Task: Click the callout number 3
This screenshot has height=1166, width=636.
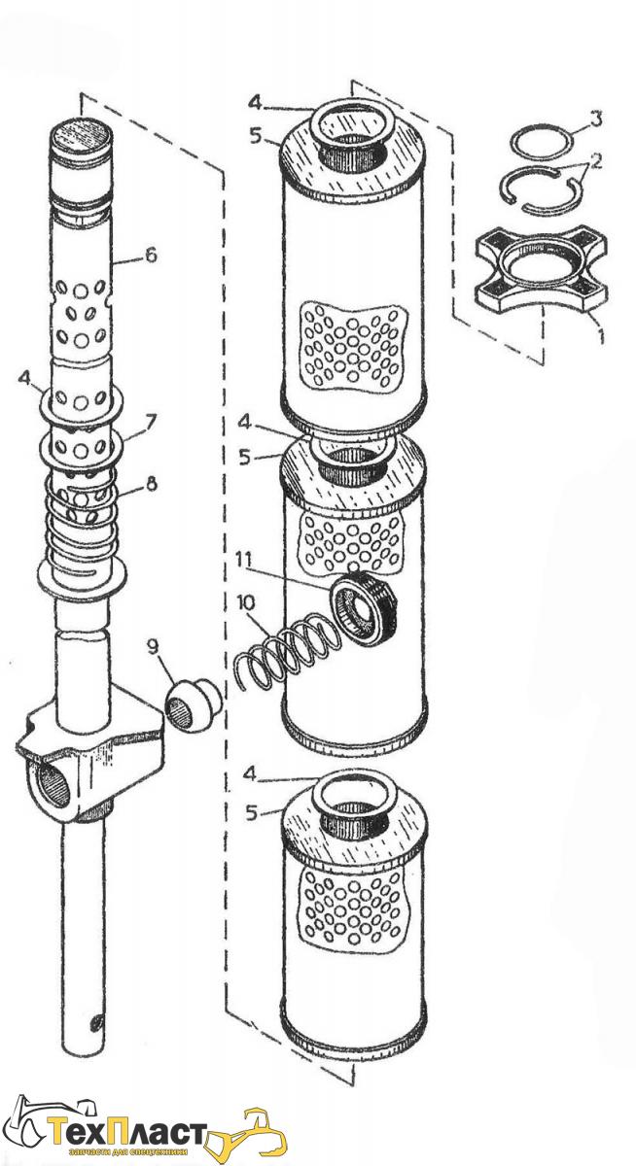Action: [x=596, y=119]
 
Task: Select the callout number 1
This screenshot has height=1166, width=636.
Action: [x=600, y=334]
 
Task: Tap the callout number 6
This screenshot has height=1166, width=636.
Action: [x=151, y=257]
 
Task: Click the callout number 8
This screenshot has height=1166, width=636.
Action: [x=151, y=484]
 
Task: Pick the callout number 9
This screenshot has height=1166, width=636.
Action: [x=152, y=647]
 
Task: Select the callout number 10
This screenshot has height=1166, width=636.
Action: [x=245, y=603]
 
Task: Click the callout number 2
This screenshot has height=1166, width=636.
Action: [x=595, y=161]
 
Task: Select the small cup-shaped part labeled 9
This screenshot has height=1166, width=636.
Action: [x=194, y=703]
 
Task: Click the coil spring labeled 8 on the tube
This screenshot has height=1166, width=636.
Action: [x=82, y=521]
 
